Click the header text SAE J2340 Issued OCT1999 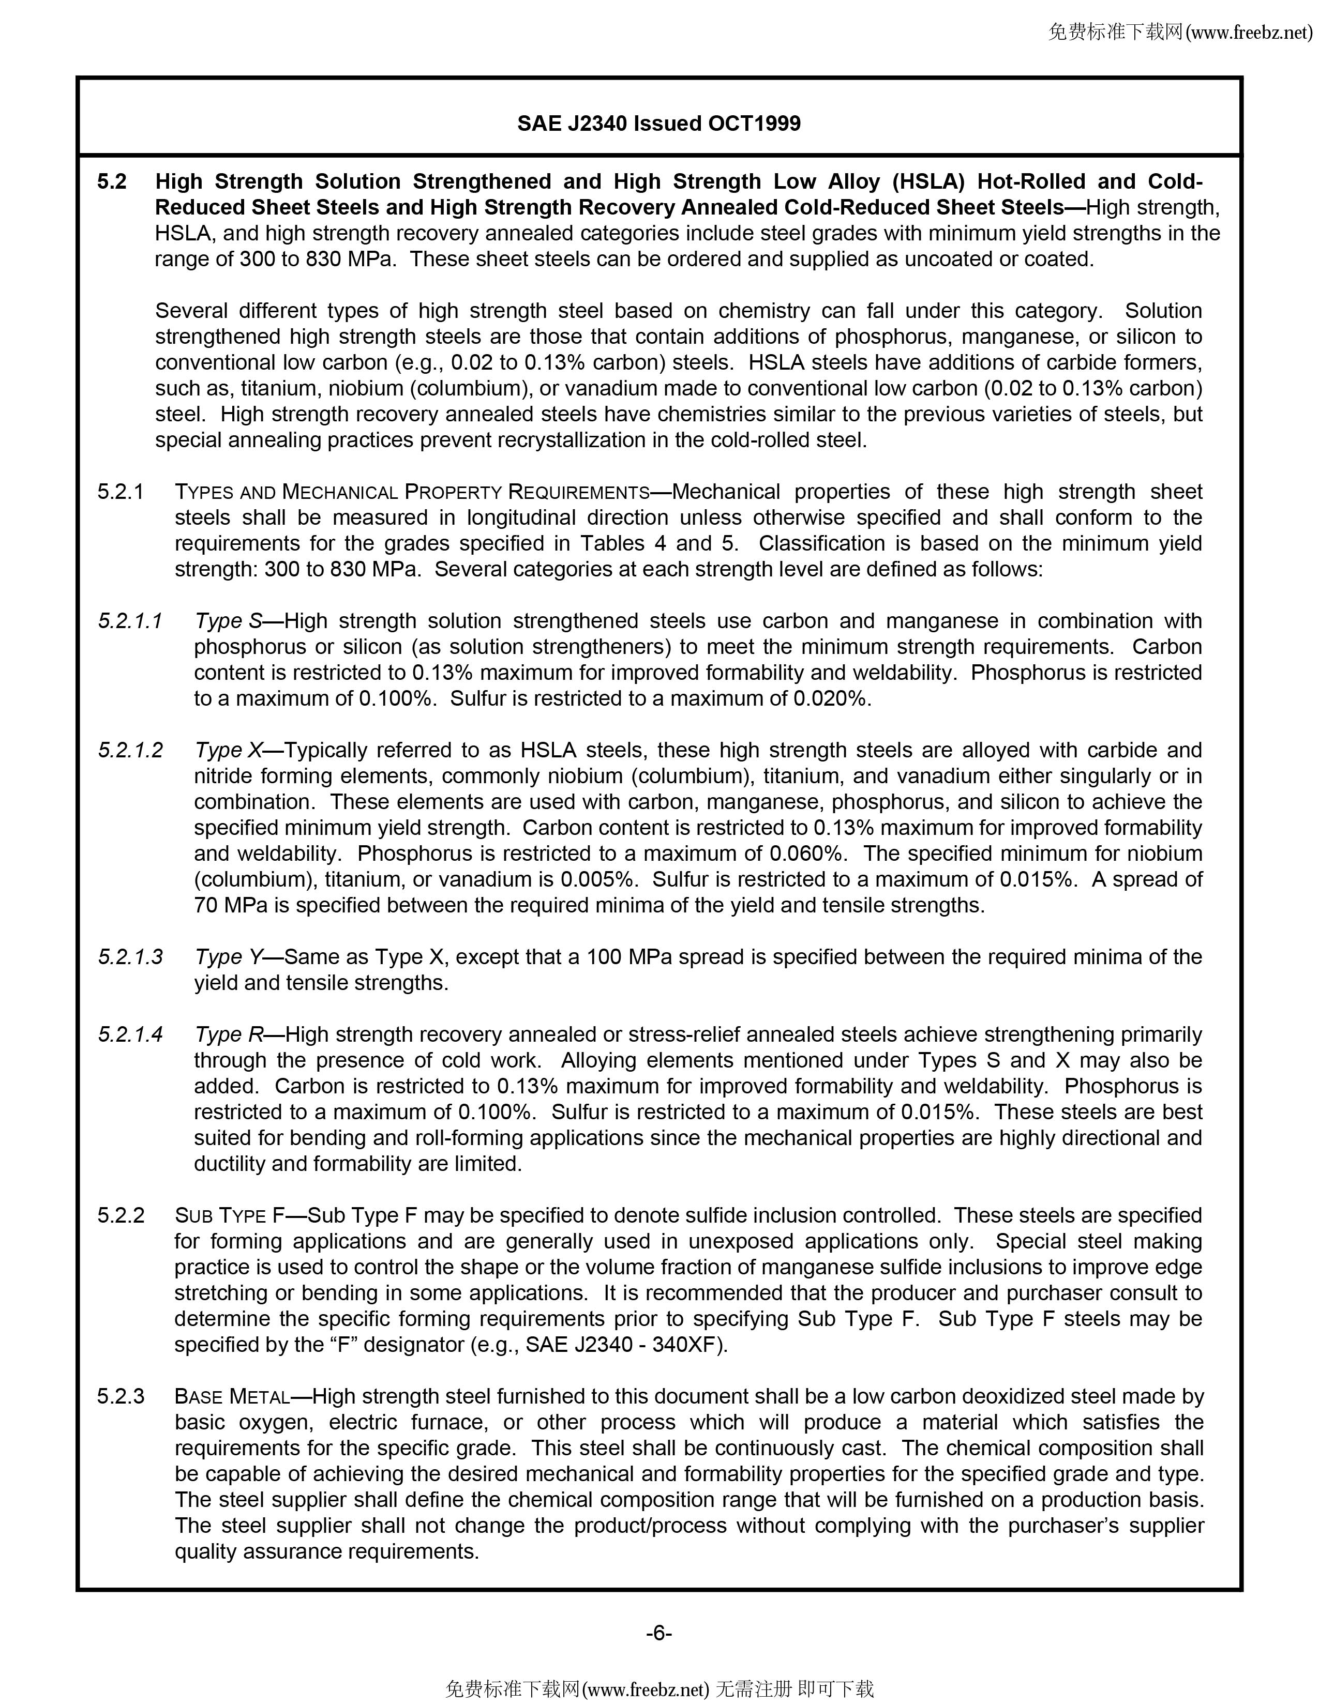coord(658,124)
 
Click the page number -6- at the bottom coord(658,1633)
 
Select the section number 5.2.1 coord(121,492)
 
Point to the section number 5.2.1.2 coord(130,750)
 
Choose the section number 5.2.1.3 coord(130,957)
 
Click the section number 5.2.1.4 coord(130,1034)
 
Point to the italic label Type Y coord(228,957)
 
